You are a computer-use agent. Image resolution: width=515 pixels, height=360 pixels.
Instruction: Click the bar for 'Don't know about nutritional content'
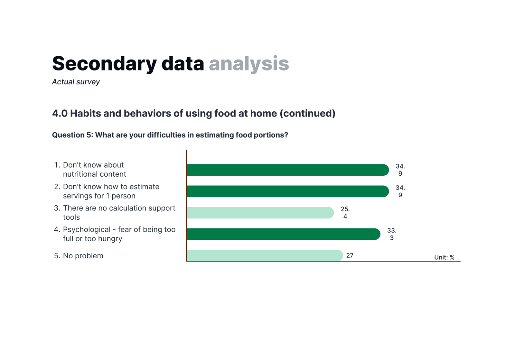pos(288,170)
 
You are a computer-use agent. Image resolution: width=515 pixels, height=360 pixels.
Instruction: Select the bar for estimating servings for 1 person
pos(288,191)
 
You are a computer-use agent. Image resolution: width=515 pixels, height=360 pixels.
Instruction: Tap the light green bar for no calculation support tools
pos(260,213)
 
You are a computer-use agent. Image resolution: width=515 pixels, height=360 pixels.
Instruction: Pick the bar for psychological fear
pos(284,234)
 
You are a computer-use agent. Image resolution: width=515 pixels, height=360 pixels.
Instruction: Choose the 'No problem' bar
pos(265,255)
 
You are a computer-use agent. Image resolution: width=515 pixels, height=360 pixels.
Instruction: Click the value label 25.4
pos(345,213)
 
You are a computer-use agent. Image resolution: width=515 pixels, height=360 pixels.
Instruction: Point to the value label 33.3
pos(392,234)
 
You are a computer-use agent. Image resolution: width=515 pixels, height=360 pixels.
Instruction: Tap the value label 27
pos(350,255)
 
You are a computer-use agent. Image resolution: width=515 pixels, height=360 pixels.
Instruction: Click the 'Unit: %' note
pos(444,257)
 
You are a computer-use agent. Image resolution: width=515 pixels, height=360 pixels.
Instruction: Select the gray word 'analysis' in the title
pos(249,64)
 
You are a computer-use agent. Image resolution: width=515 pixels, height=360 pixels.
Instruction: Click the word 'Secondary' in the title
pos(104,63)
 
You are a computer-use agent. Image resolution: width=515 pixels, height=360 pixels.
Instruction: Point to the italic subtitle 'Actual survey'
pos(76,82)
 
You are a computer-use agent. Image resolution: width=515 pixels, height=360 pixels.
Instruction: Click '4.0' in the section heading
pos(60,113)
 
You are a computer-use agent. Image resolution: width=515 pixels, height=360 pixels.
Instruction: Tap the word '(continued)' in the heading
pos(307,114)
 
